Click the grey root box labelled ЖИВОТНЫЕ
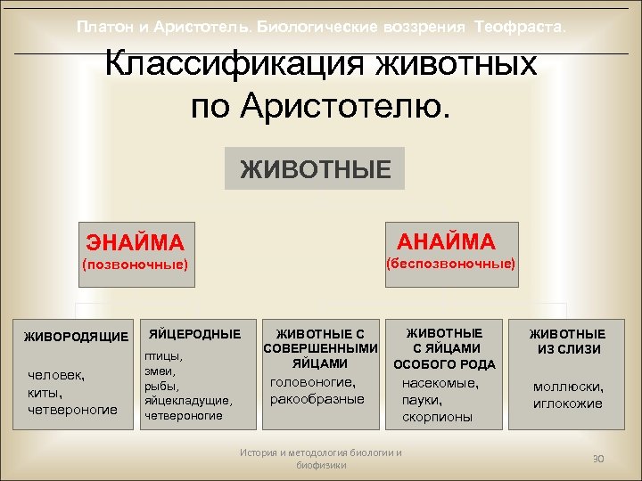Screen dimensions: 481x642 coord(315,168)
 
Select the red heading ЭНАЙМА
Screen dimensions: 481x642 coord(135,242)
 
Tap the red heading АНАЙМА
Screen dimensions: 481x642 coord(446,241)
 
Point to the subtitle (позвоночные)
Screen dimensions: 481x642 coord(135,265)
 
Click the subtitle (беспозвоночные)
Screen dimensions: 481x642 coord(449,264)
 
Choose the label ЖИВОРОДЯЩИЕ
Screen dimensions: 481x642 coord(76,336)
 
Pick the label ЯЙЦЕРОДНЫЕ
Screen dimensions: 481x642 coord(194,334)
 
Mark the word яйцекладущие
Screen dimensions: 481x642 coord(187,399)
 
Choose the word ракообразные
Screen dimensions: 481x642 coord(317,398)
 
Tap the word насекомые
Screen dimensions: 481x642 coord(440,383)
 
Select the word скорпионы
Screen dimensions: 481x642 coord(438,416)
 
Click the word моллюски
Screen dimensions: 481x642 coord(568,387)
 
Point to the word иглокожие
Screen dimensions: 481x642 coord(568,404)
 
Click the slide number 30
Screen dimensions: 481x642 coord(598,459)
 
